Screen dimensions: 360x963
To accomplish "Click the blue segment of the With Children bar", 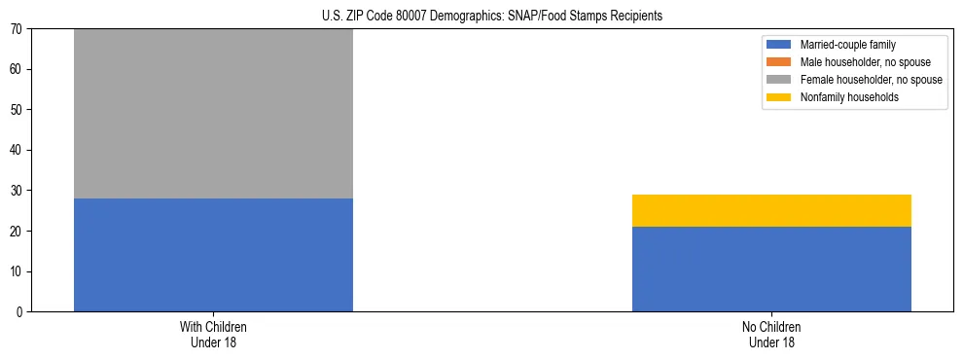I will pos(213,255).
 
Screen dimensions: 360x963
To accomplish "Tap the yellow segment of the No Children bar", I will pos(771,210).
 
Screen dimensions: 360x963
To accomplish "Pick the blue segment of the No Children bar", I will pos(771,269).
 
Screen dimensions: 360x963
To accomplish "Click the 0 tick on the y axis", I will pos(20,311).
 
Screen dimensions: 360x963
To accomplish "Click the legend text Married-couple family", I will pos(846,45).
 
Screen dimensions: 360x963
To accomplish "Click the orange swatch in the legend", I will pos(779,62).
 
